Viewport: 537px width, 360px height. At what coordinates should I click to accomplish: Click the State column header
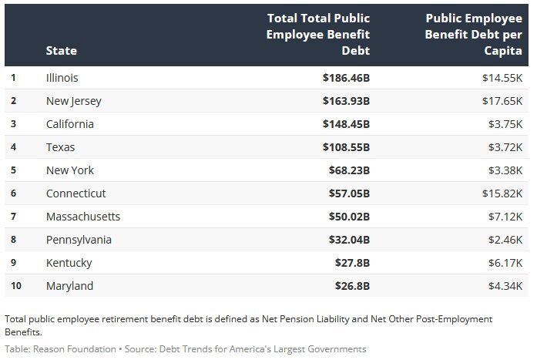coord(61,52)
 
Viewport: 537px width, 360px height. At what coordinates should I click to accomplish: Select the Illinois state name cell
coord(62,78)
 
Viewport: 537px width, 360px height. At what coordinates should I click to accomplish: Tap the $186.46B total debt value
coord(347,78)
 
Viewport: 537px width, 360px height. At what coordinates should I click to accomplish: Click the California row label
coord(70,124)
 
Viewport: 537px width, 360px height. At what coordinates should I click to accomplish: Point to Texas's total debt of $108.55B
coord(347,147)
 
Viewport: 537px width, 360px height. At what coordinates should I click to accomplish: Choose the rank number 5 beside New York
coord(12,170)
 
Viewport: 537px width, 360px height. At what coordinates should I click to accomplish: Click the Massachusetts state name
coord(83,217)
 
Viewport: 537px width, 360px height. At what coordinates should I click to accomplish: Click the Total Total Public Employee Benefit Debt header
coord(318,34)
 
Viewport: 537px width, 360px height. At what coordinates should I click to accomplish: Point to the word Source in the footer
coord(134,348)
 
